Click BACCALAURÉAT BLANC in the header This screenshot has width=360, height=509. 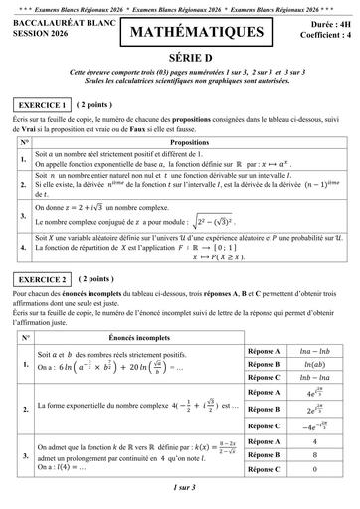coord(59,25)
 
